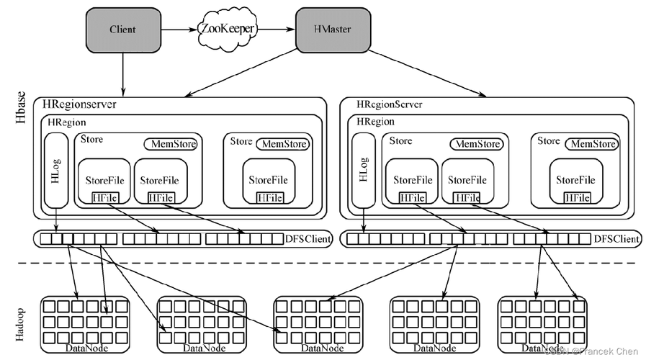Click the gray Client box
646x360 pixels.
pos(122,30)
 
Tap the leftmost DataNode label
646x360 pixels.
pos(86,349)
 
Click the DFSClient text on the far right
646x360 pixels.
pos(616,238)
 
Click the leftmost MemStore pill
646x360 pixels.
pos(171,144)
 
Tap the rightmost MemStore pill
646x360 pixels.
pos(593,144)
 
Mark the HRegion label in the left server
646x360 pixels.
pos(66,123)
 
